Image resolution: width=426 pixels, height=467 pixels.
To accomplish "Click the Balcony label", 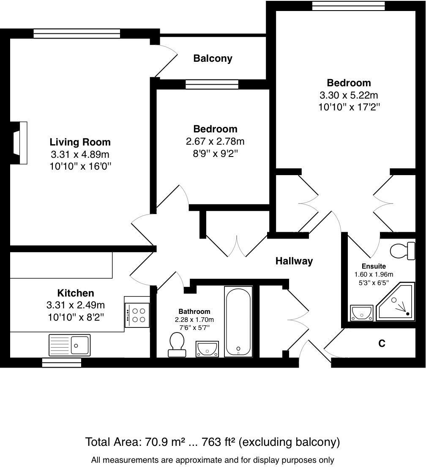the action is tap(213, 58).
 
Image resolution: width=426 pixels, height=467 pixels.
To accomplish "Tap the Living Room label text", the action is tap(80, 142).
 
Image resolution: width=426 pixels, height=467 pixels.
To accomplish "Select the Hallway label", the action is tap(294, 261).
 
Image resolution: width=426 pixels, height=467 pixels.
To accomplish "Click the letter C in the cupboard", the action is tap(382, 343).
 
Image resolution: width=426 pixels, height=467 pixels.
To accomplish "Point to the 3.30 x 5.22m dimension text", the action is tap(349, 95).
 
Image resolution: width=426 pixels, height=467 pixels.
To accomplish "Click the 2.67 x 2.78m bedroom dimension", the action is tap(215, 141).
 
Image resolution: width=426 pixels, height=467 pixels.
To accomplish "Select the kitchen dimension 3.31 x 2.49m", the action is tap(76, 305).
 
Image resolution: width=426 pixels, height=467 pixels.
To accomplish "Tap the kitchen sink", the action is tap(69, 345).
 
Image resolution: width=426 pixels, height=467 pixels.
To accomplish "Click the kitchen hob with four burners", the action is tap(137, 315).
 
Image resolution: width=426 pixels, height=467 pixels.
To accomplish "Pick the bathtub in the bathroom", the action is tap(238, 321).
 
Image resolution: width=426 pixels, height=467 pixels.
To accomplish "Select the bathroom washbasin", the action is tap(207, 349).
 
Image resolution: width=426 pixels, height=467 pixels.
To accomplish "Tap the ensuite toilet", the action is tap(402, 251).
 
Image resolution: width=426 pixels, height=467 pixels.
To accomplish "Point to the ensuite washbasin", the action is tap(362, 313).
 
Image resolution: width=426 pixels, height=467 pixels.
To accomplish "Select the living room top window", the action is tap(77, 33).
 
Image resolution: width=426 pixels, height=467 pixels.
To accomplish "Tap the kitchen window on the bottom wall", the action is tap(62, 363).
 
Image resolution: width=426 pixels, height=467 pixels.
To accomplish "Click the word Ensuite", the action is tap(374, 266).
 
